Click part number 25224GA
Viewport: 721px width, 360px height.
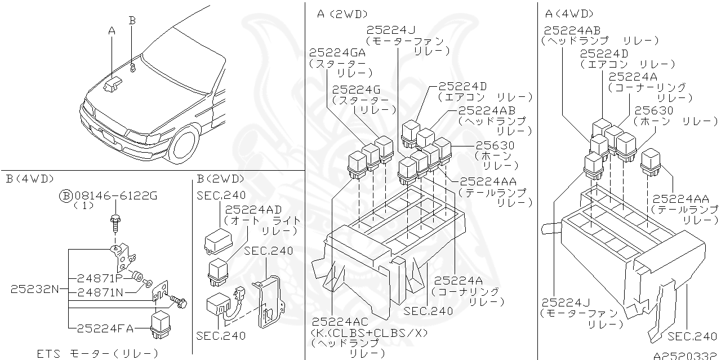click(x=337, y=52)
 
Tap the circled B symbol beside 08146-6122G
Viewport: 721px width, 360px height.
click(x=66, y=195)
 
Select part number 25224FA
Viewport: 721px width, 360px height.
click(x=104, y=327)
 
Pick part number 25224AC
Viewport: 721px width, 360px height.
click(x=340, y=322)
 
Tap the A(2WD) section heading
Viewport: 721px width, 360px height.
click(x=342, y=14)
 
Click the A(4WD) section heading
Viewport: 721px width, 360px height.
click(x=569, y=14)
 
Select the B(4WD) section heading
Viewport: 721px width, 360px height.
click(x=29, y=179)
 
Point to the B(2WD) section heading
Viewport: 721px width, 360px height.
click(x=221, y=179)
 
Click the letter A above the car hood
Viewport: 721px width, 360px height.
click(x=112, y=32)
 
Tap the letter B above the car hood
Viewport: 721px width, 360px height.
click(x=132, y=20)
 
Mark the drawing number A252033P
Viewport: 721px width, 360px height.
click(x=686, y=355)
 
